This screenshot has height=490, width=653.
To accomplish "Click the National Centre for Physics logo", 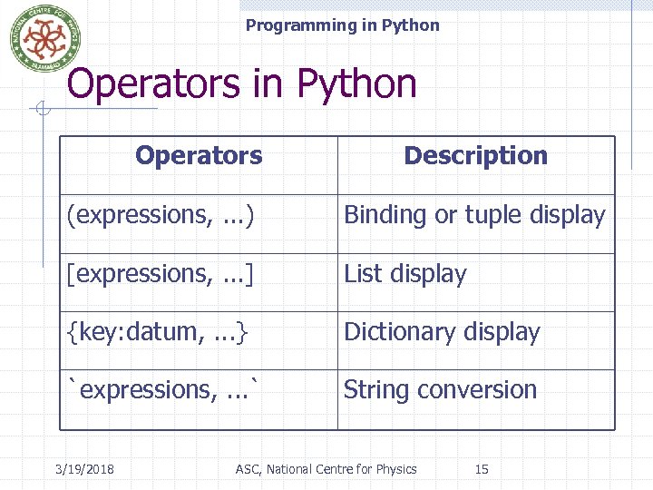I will (39, 38).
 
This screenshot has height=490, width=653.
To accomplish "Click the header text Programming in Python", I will (342, 25).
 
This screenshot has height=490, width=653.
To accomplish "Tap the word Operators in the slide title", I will (155, 84).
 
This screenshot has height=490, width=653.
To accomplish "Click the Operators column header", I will (199, 156).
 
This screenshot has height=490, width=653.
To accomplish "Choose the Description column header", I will (475, 156).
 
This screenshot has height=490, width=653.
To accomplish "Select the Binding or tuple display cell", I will (474, 215).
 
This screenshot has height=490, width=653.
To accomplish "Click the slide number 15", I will (482, 469).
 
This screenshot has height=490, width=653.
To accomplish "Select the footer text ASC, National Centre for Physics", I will (326, 469).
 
